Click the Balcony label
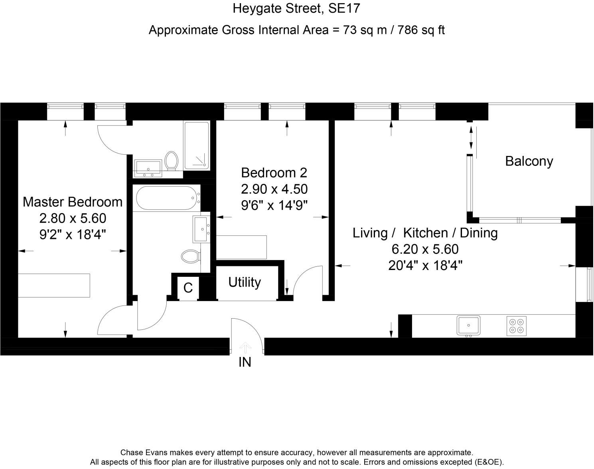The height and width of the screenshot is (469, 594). point(529,161)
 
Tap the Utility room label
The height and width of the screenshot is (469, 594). point(245,282)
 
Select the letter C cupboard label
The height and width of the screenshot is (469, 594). point(188,288)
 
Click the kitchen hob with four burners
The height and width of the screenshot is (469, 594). point(517,326)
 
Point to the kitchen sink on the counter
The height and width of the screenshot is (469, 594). point(468,326)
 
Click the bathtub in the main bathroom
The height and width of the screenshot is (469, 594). point(168,198)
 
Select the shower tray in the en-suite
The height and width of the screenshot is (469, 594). point(197,146)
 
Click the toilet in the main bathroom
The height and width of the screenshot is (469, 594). point(191,256)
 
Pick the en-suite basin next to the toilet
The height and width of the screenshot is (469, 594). point(148,168)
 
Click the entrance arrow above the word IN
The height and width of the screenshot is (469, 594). point(245,347)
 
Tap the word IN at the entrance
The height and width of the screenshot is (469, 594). point(245,362)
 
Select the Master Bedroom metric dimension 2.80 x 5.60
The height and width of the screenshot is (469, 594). point(73,219)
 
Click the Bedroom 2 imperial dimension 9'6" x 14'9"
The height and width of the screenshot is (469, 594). point(274,205)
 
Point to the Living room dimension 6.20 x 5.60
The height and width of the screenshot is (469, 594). point(425,249)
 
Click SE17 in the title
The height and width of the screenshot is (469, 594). point(344,8)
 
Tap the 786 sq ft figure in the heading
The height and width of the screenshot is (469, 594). point(421,30)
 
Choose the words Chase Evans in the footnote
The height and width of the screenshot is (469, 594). point(144,452)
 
